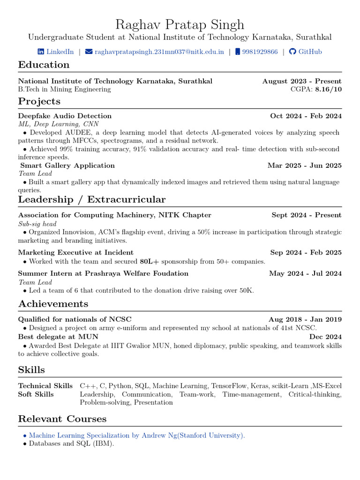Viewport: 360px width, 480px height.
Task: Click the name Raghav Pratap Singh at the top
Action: coord(180,24)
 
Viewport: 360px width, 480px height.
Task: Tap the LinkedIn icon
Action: coord(41,52)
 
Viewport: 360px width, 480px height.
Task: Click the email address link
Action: coord(159,52)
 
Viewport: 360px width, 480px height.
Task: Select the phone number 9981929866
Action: coord(260,52)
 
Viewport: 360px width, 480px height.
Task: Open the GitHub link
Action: coord(310,52)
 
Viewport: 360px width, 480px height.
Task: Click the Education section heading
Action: coord(44,65)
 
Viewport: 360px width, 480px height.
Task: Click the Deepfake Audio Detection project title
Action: coord(65,116)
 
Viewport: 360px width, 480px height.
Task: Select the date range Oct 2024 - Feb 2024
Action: coord(306,116)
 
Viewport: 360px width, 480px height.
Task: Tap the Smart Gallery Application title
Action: coord(67,165)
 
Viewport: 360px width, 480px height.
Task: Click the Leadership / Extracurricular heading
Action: coord(92,200)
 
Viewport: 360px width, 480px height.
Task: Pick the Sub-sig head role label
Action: coord(37,224)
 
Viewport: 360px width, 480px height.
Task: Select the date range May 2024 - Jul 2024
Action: coord(305,273)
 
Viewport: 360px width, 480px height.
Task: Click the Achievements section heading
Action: coord(53,304)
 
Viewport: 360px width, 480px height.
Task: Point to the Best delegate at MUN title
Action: coord(58,337)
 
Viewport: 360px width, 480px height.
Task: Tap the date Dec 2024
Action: coord(325,337)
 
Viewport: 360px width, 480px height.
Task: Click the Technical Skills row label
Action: coord(45,386)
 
